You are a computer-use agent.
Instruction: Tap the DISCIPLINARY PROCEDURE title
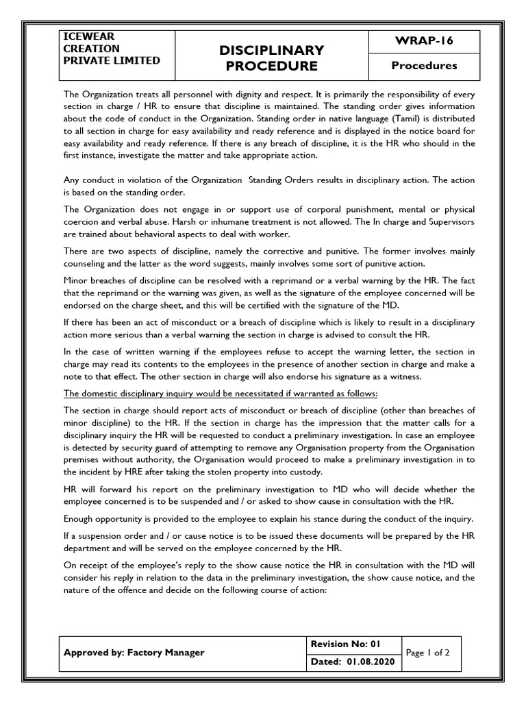tap(271, 58)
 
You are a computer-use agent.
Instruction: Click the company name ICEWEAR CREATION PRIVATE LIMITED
tap(112, 48)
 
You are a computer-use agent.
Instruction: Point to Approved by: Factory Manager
tap(134, 653)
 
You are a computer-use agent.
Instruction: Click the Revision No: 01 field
tap(347, 644)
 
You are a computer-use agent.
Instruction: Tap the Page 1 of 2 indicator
tap(427, 653)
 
